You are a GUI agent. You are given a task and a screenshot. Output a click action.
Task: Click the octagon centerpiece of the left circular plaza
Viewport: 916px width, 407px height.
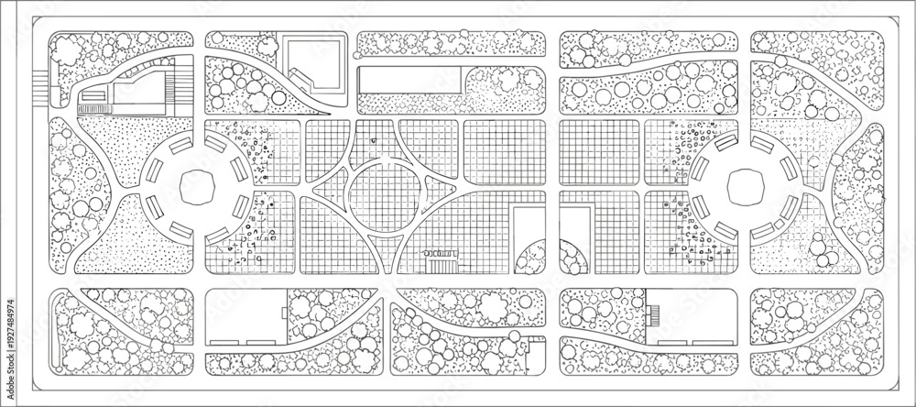[197, 188]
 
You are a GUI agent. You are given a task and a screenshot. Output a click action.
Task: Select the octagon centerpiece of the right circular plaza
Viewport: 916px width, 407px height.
[746, 187]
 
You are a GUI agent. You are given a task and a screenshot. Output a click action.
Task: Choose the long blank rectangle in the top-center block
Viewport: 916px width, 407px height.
[409, 80]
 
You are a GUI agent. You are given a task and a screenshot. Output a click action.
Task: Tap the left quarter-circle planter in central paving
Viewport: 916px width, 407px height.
[532, 258]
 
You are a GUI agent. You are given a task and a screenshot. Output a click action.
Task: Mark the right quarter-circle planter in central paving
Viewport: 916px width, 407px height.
[572, 258]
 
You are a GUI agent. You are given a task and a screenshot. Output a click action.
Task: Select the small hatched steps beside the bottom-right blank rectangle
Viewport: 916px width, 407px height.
[654, 315]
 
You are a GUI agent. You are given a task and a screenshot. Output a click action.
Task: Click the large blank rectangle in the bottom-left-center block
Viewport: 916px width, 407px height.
[245, 316]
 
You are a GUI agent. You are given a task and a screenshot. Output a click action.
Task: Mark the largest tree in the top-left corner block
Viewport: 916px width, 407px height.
[68, 50]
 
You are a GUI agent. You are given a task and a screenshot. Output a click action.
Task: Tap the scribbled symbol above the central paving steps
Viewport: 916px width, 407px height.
[440, 254]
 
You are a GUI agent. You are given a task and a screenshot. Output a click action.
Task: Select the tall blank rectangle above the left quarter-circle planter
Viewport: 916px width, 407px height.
[529, 229]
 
